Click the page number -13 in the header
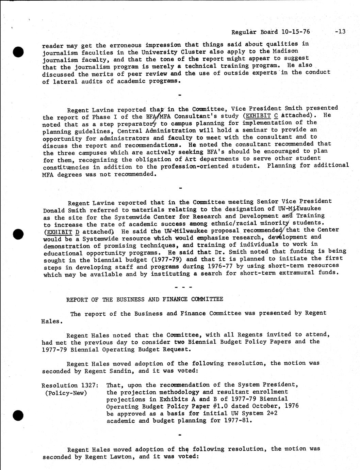click(x=340, y=32)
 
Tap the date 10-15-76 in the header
click(x=296, y=32)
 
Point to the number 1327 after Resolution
click(x=90, y=385)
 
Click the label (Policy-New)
click(x=66, y=393)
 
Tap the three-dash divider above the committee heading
click(x=180, y=287)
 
